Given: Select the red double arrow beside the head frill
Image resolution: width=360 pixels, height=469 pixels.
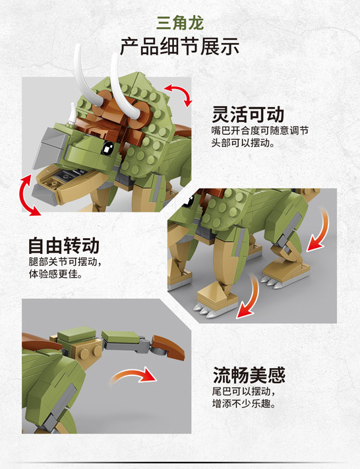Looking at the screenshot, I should [177, 94].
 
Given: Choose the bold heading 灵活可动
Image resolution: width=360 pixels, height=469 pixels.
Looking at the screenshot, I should [248, 113].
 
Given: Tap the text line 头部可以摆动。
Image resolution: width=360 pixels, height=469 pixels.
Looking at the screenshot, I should [242, 143].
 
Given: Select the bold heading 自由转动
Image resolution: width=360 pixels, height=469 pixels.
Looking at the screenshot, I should [63, 245].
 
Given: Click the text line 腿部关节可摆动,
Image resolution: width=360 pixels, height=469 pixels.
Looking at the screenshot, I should [65, 262].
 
